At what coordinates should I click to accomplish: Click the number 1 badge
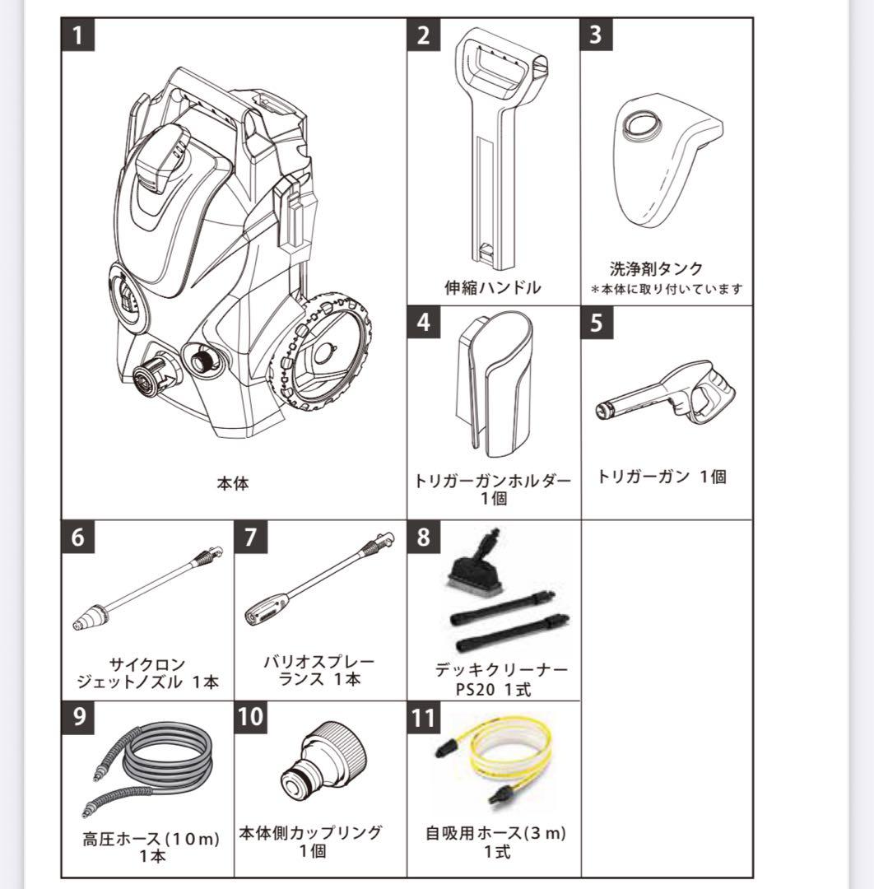click(x=78, y=36)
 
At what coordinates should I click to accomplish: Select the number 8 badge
click(x=423, y=538)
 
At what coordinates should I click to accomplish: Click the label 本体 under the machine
click(x=232, y=484)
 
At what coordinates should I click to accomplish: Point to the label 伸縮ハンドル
click(x=493, y=287)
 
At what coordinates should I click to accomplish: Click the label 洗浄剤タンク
click(x=656, y=269)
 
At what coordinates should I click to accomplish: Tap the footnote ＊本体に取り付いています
click(x=667, y=289)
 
